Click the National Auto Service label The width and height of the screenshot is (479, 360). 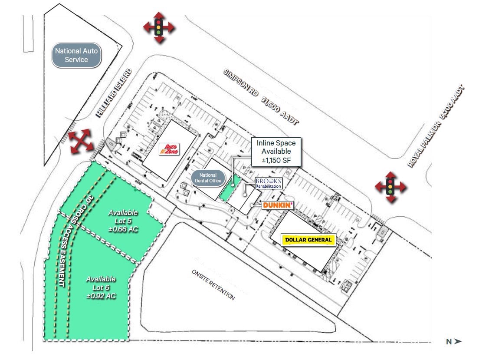point(76,55)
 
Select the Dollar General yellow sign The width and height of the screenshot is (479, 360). point(308,239)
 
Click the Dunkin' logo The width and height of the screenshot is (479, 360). point(278,205)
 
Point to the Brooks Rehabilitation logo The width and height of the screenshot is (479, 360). point(268,183)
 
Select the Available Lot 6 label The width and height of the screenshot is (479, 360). point(101,287)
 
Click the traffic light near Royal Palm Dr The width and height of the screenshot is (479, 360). point(390,187)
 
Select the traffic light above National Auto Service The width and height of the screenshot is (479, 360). point(159,27)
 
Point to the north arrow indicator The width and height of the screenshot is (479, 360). point(453,342)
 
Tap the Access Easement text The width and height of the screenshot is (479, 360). point(62,256)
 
